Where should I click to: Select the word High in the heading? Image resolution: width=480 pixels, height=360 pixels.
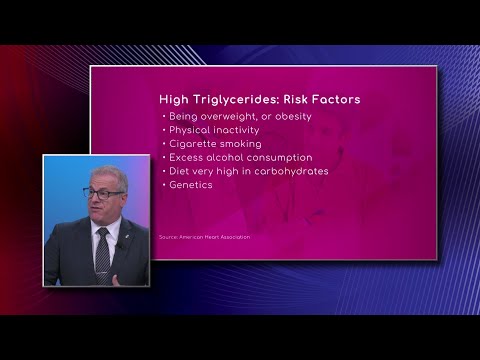(x=176, y=100)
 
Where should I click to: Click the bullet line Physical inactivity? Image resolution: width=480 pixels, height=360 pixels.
(x=214, y=130)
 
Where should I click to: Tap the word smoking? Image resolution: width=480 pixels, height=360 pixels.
(x=241, y=144)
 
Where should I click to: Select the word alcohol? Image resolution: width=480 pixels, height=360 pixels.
(x=231, y=157)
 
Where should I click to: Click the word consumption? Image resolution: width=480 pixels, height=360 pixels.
(x=283, y=157)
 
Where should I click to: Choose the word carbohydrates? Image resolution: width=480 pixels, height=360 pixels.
(x=291, y=171)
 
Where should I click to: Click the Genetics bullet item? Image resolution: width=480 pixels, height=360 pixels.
(x=190, y=185)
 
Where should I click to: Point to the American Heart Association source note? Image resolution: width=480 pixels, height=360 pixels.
(x=204, y=237)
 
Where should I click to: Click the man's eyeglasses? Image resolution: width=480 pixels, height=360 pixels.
(x=103, y=192)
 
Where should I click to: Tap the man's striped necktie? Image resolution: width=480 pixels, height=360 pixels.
(x=102, y=254)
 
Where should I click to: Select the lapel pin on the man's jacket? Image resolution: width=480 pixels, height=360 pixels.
(x=117, y=244)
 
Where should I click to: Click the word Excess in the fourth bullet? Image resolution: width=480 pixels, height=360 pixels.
(x=187, y=157)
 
